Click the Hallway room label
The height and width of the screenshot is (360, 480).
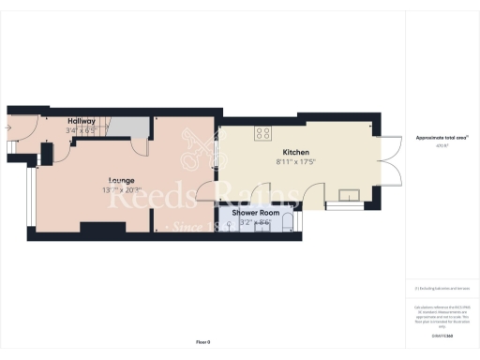81,121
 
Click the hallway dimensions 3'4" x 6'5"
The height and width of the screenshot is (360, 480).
81,130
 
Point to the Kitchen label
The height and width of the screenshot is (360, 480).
296,153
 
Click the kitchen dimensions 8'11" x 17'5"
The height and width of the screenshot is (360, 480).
296,163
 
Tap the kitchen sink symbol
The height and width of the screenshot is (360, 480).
351,195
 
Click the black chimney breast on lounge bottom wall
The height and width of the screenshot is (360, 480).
97,226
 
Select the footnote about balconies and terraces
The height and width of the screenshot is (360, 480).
436,288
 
